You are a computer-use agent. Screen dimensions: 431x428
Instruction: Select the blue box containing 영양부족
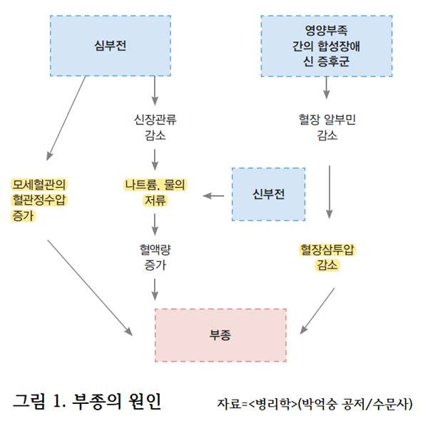click(327, 46)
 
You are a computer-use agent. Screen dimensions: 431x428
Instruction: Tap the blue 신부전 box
click(269, 194)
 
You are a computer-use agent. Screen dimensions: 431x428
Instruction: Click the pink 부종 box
click(220, 335)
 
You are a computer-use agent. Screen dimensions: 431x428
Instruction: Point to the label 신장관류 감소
click(154, 127)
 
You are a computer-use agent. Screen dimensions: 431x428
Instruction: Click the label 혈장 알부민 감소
click(327, 127)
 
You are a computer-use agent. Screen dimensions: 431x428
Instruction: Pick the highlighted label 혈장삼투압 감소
click(327, 257)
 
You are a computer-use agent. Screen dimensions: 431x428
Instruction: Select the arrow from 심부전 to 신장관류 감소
click(155, 91)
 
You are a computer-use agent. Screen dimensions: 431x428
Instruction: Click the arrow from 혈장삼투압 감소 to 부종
click(317, 311)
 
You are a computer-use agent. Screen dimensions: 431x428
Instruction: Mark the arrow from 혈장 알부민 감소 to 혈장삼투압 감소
click(329, 191)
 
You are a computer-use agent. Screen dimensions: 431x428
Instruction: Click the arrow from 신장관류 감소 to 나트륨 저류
click(155, 158)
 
